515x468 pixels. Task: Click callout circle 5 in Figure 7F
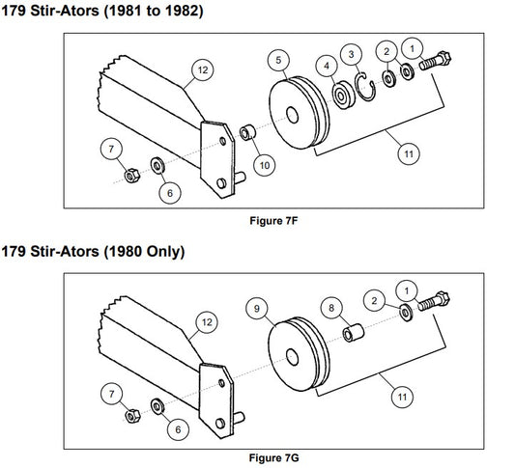coord(278,61)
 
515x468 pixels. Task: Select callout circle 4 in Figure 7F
coord(327,66)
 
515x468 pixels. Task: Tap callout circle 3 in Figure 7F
coord(351,54)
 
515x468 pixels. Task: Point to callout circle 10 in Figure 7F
coord(265,165)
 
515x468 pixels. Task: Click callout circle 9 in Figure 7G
coord(257,308)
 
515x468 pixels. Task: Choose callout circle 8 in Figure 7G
coord(331,308)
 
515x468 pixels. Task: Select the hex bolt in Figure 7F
coord(435,61)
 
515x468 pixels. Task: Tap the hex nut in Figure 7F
coord(131,176)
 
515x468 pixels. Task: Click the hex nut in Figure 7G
coord(132,416)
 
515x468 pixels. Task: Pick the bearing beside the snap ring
coord(343,96)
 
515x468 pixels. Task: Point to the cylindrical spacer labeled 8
coord(353,333)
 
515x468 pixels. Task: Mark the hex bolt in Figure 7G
coord(434,302)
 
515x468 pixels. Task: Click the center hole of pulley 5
coord(292,115)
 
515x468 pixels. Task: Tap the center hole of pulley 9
coord(292,357)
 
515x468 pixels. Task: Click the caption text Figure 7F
coord(273,221)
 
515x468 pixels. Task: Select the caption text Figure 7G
coord(273,457)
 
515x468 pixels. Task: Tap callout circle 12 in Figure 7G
coord(207,322)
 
